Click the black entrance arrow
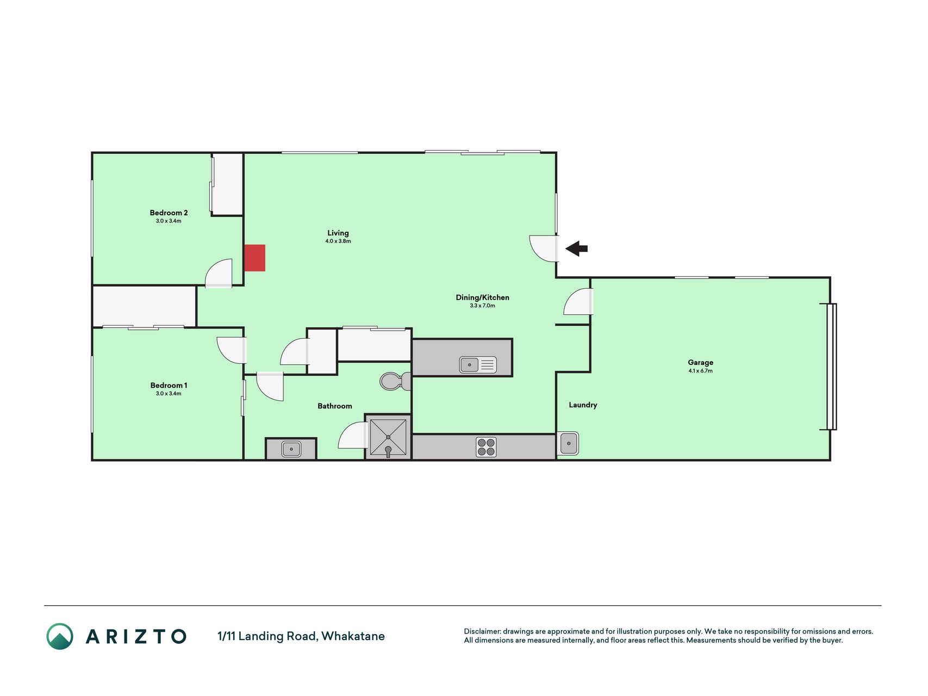[576, 248]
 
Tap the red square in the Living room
[254, 258]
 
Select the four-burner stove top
[486, 447]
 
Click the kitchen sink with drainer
[478, 364]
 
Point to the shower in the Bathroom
[388, 437]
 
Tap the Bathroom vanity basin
[291, 449]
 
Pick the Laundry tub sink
[569, 443]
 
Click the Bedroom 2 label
[169, 213]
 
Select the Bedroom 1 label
[169, 385]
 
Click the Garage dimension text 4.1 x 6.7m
[700, 371]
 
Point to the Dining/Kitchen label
[482, 297]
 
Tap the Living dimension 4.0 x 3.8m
[338, 241]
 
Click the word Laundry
[583, 405]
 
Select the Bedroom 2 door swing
[219, 273]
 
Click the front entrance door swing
[544, 248]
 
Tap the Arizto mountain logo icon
[60, 636]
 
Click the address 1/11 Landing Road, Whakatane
[301, 636]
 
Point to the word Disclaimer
[482, 631]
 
